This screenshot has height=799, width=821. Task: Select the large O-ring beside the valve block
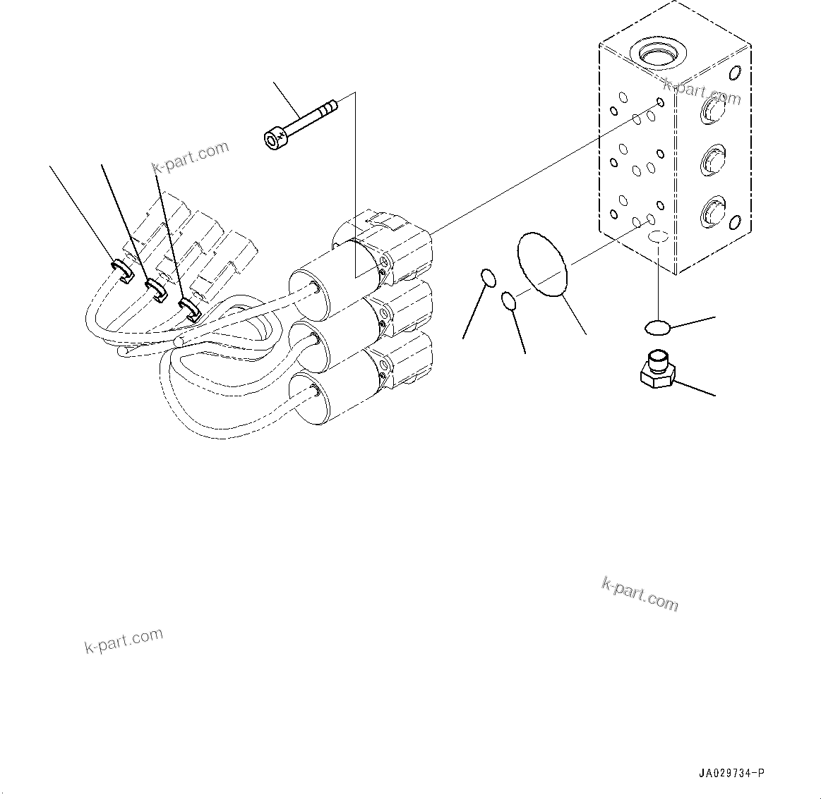543,263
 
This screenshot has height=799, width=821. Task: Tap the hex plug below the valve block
656,370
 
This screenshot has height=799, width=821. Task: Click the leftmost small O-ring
487,277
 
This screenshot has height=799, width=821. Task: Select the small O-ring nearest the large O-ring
510,302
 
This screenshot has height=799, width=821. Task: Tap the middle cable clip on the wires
155,289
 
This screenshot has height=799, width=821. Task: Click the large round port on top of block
658,52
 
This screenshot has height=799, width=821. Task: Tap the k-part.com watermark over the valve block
702,91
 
